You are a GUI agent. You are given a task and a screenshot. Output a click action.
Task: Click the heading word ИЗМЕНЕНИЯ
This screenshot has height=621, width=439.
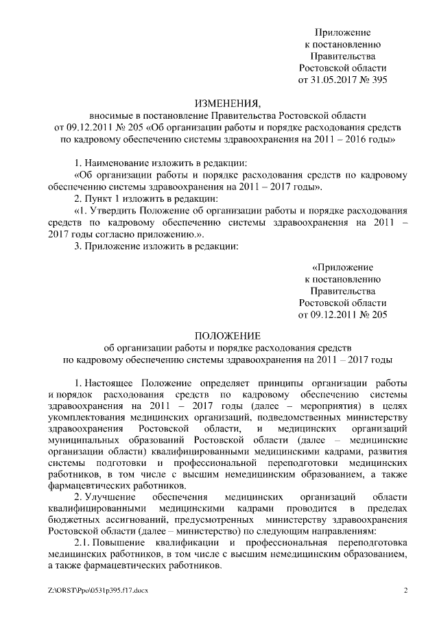(x=228, y=104)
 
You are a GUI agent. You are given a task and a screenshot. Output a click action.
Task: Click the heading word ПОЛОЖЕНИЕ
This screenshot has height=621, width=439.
(x=228, y=336)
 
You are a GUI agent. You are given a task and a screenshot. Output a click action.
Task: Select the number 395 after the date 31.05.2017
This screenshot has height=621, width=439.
(x=379, y=80)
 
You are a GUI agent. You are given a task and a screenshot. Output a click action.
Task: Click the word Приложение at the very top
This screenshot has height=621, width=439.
(x=342, y=32)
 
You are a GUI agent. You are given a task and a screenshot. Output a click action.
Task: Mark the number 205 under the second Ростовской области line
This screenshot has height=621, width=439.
(x=379, y=314)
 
